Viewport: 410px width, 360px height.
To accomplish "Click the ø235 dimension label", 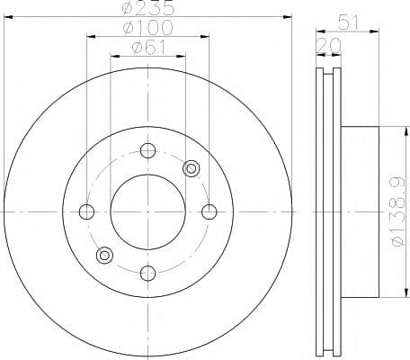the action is [147, 7].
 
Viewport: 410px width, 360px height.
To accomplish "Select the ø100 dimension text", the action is [147, 27].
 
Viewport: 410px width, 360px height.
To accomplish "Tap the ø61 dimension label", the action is [148, 47].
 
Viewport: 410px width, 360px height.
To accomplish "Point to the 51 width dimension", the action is [348, 22].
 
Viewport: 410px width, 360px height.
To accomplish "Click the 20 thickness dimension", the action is [329, 46].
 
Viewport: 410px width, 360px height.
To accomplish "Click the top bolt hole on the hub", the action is [147, 150].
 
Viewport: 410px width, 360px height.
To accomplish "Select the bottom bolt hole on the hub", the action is [147, 273].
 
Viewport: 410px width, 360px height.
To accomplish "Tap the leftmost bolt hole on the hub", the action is [86, 211].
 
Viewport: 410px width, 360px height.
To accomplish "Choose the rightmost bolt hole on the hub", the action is [209, 211].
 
